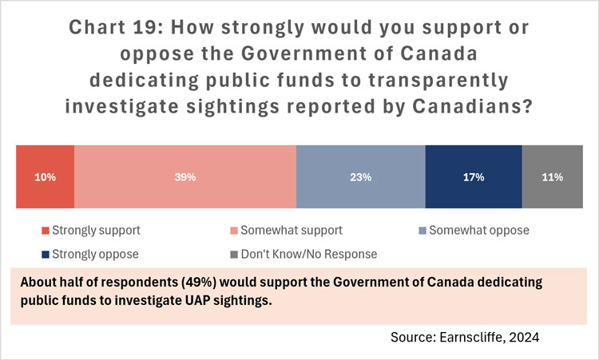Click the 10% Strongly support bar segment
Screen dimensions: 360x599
46,177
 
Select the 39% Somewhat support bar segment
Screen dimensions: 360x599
185,177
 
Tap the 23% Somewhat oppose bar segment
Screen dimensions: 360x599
360,177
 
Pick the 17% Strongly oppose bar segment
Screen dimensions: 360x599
474,177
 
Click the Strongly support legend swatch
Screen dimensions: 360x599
46,231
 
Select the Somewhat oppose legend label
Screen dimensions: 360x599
479,231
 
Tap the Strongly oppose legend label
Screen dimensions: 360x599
96,254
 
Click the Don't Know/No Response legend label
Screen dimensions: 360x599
314,254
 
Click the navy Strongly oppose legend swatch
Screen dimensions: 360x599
46,254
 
